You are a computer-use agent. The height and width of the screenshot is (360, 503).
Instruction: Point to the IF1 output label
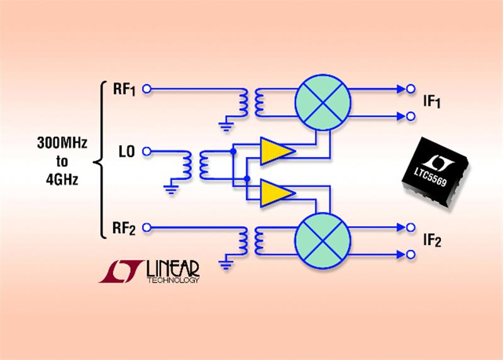pos(432,102)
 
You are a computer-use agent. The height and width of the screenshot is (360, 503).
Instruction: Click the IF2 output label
pos(432,241)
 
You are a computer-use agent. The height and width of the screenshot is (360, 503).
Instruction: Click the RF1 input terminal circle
pos(146,90)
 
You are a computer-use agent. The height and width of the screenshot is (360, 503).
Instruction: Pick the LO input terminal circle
pos(146,151)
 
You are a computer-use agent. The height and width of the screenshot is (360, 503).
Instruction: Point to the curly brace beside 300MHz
pos(99,161)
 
